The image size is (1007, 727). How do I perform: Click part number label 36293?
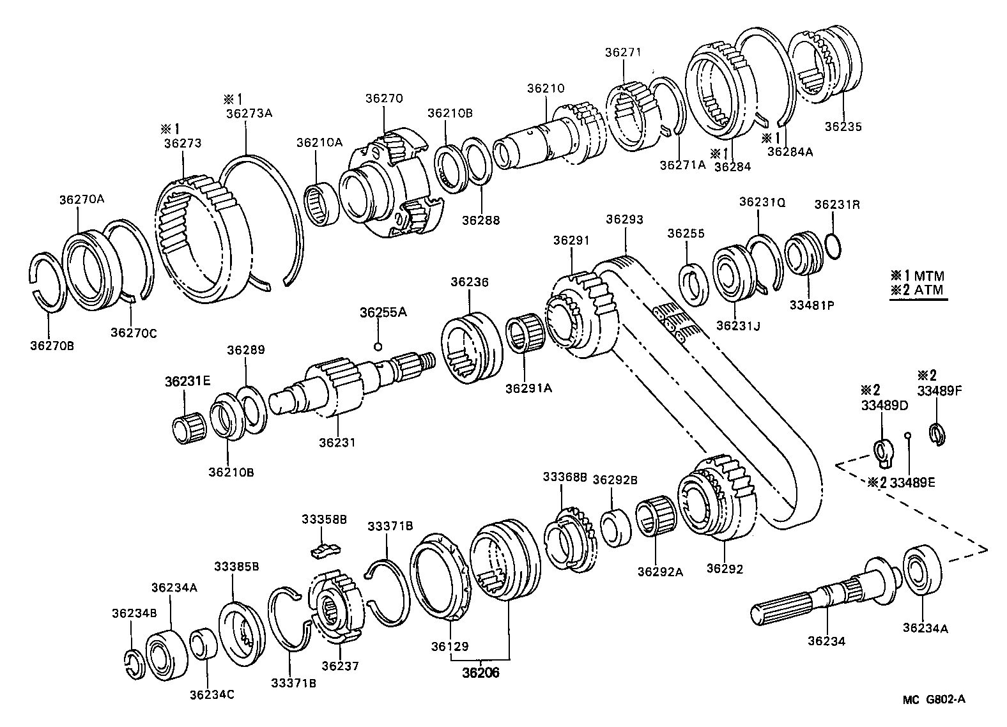click(624, 220)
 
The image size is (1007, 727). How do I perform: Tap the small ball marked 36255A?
click(378, 346)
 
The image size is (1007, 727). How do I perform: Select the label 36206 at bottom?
click(481, 673)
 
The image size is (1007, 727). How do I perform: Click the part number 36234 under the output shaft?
click(826, 641)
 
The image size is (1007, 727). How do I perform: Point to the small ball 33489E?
click(907, 436)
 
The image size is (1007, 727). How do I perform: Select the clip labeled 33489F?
click(936, 433)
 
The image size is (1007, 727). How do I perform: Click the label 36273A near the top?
click(249, 113)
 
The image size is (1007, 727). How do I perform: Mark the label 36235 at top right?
click(842, 126)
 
